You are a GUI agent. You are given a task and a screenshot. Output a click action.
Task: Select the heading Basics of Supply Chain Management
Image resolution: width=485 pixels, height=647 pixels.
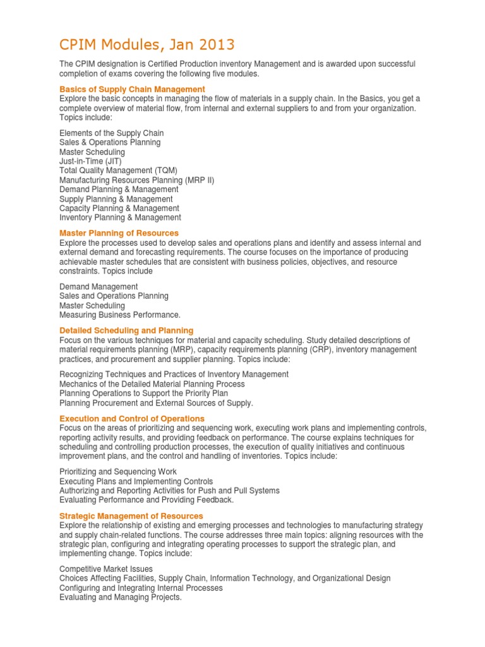(x=132, y=89)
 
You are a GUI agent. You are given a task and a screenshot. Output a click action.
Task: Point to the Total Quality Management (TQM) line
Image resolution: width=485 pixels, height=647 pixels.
(x=118, y=171)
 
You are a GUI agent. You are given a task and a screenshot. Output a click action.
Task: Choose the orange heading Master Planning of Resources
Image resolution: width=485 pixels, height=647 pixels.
(x=119, y=233)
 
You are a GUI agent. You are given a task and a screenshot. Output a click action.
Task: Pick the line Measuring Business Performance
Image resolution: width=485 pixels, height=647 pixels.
(x=120, y=315)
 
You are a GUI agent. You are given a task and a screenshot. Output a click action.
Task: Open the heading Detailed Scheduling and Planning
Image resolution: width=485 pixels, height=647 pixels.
(x=126, y=330)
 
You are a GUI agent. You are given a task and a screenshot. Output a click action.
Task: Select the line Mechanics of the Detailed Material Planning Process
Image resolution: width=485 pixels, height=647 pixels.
(x=152, y=384)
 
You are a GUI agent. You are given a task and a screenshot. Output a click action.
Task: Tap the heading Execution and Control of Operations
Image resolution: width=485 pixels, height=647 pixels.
(x=132, y=418)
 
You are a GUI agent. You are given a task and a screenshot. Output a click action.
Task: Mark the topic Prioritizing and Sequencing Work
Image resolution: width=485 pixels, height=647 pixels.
(x=118, y=471)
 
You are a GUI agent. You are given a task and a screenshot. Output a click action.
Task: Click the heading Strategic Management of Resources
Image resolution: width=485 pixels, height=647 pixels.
(x=131, y=516)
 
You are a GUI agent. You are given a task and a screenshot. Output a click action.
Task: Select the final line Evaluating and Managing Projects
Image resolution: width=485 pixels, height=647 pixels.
(x=121, y=597)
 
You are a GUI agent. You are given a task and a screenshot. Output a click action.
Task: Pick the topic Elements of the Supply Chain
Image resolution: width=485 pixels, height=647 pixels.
(x=111, y=133)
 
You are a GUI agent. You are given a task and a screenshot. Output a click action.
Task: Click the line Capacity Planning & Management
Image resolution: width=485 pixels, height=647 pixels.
(x=119, y=208)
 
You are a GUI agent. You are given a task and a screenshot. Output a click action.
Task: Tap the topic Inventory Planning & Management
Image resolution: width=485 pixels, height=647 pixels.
(x=120, y=217)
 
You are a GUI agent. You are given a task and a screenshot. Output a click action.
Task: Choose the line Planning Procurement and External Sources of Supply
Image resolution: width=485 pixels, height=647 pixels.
(x=156, y=402)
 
